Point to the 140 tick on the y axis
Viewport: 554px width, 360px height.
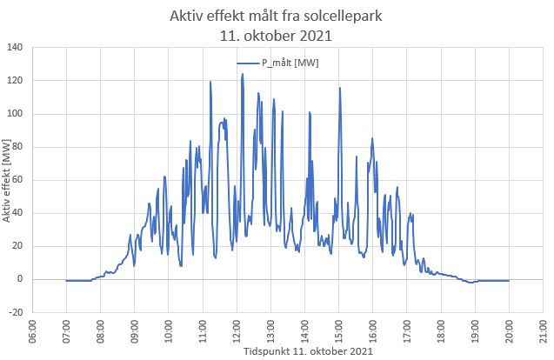click(17, 47)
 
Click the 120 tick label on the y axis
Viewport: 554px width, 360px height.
click(17, 80)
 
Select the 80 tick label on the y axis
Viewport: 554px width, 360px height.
click(19, 146)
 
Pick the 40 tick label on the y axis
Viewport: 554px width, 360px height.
click(19, 212)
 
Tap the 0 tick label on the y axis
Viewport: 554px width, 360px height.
click(22, 279)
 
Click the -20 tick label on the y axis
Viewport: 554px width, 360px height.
click(17, 312)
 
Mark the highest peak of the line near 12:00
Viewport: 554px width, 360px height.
click(243, 75)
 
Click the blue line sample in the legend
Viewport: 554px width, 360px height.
click(248, 63)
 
